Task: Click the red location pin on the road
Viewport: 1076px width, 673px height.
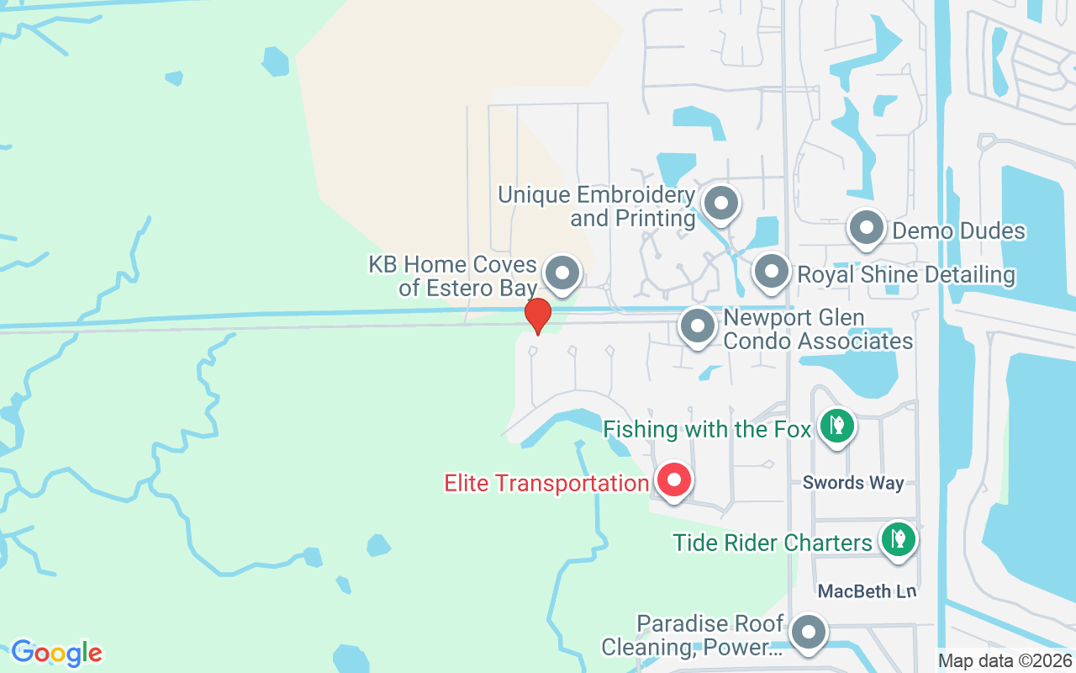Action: click(537, 315)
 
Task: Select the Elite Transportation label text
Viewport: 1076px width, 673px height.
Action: click(546, 484)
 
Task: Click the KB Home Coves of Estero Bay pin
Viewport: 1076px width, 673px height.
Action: click(562, 273)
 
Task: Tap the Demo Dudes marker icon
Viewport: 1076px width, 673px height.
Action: click(866, 228)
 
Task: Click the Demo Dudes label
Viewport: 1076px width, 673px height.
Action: click(959, 231)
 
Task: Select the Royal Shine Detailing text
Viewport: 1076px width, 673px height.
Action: click(906, 275)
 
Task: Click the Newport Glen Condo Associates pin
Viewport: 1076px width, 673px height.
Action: click(697, 326)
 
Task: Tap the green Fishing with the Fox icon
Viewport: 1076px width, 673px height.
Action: click(836, 426)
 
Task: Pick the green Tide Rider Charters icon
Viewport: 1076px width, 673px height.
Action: click(898, 539)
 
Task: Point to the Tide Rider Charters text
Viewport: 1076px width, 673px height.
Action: click(773, 543)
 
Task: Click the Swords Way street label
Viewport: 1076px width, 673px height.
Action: click(853, 483)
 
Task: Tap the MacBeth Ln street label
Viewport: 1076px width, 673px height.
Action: click(868, 591)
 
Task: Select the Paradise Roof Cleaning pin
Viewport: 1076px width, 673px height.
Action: click(809, 632)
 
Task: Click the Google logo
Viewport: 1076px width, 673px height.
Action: click(57, 653)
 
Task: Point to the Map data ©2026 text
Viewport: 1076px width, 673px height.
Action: click(1005, 661)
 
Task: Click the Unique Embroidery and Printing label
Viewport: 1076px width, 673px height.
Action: click(597, 207)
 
